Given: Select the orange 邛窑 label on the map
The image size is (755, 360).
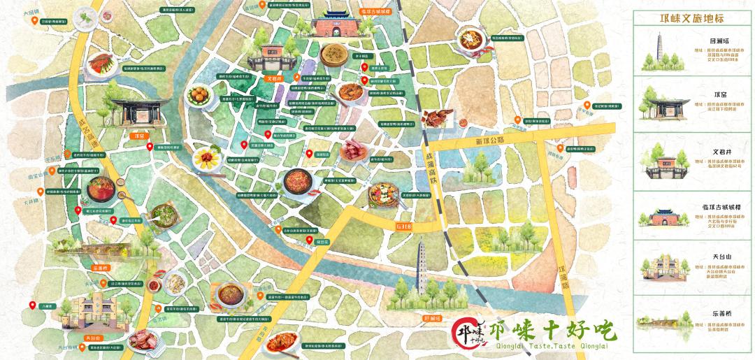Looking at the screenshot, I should (138, 136).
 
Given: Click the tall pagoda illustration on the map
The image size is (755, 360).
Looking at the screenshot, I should (426, 269).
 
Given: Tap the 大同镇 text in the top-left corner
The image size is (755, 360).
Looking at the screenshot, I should (30, 13).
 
